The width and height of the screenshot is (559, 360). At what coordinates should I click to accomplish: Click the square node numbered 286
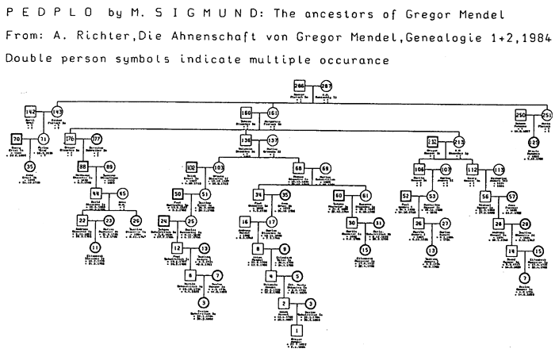click(300, 86)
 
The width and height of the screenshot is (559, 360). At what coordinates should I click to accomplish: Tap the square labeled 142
click(31, 112)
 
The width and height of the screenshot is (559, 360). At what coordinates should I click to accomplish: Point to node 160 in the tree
click(246, 113)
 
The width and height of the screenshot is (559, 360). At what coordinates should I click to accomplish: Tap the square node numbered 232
click(433, 141)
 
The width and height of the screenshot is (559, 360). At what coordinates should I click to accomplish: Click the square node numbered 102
click(191, 168)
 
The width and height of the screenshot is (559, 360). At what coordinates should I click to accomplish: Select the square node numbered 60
click(339, 194)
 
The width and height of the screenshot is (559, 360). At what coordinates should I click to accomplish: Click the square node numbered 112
click(471, 169)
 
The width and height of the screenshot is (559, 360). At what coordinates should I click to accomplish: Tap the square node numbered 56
click(484, 196)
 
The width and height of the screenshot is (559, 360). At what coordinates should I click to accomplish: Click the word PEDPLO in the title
click(33, 13)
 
